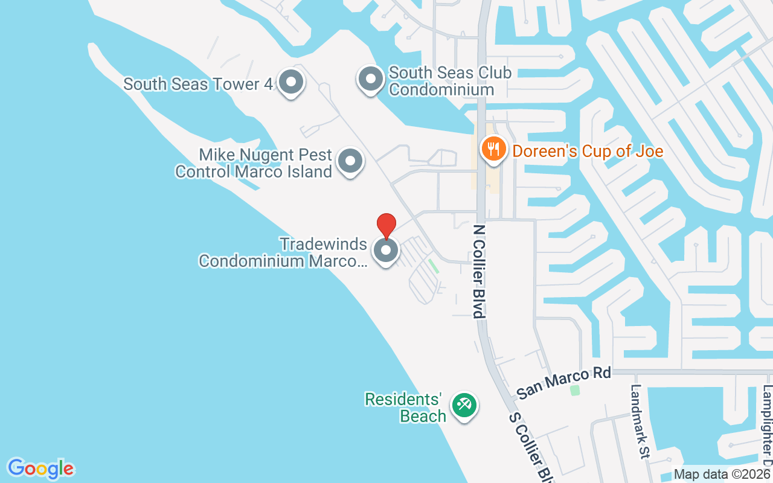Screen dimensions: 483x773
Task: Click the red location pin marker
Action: point(386,225)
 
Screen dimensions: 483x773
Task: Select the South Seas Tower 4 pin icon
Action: point(290,82)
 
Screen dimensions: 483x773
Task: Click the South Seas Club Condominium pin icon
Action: point(370,79)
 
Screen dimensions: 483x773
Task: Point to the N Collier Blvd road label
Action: point(480,272)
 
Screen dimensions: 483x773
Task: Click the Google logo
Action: point(40,469)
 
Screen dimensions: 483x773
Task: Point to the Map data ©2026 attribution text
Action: point(722,475)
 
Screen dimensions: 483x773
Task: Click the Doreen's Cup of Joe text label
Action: point(588,151)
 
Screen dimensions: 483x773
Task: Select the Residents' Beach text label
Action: point(405,408)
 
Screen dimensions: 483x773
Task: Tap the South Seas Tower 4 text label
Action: point(198,83)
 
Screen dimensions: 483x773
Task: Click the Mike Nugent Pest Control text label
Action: point(254,163)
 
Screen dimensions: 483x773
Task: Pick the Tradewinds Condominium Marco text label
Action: point(283,252)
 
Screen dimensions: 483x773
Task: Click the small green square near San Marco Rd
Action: point(575,391)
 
